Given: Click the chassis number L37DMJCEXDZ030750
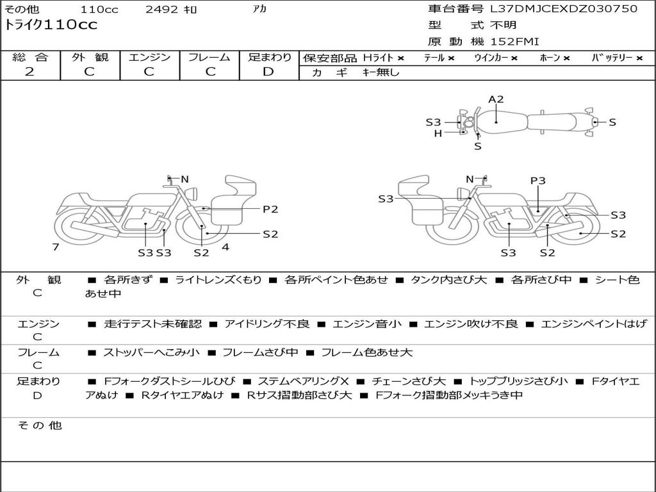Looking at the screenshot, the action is [x=563, y=9].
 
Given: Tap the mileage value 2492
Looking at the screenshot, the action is [x=161, y=10].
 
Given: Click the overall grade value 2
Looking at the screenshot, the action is [x=29, y=72].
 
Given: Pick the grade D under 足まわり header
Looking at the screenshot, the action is [x=268, y=72].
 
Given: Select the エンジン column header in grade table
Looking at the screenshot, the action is [x=149, y=58].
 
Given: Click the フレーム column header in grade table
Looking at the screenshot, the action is [x=209, y=58].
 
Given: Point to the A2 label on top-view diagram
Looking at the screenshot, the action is [x=496, y=99].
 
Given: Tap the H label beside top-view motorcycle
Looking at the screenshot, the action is [x=438, y=133].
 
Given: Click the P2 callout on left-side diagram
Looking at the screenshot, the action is [x=270, y=209].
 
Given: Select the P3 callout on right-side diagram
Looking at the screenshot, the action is [x=537, y=181].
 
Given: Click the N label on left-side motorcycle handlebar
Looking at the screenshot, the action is [x=184, y=179].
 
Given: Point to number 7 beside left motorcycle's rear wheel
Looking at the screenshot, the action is [x=56, y=247].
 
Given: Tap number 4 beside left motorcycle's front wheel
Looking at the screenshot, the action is [x=225, y=247].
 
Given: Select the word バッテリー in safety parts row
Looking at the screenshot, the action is [x=612, y=58].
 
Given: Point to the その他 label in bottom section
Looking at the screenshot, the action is [x=39, y=425].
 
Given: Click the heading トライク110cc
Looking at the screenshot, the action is [x=51, y=25].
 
